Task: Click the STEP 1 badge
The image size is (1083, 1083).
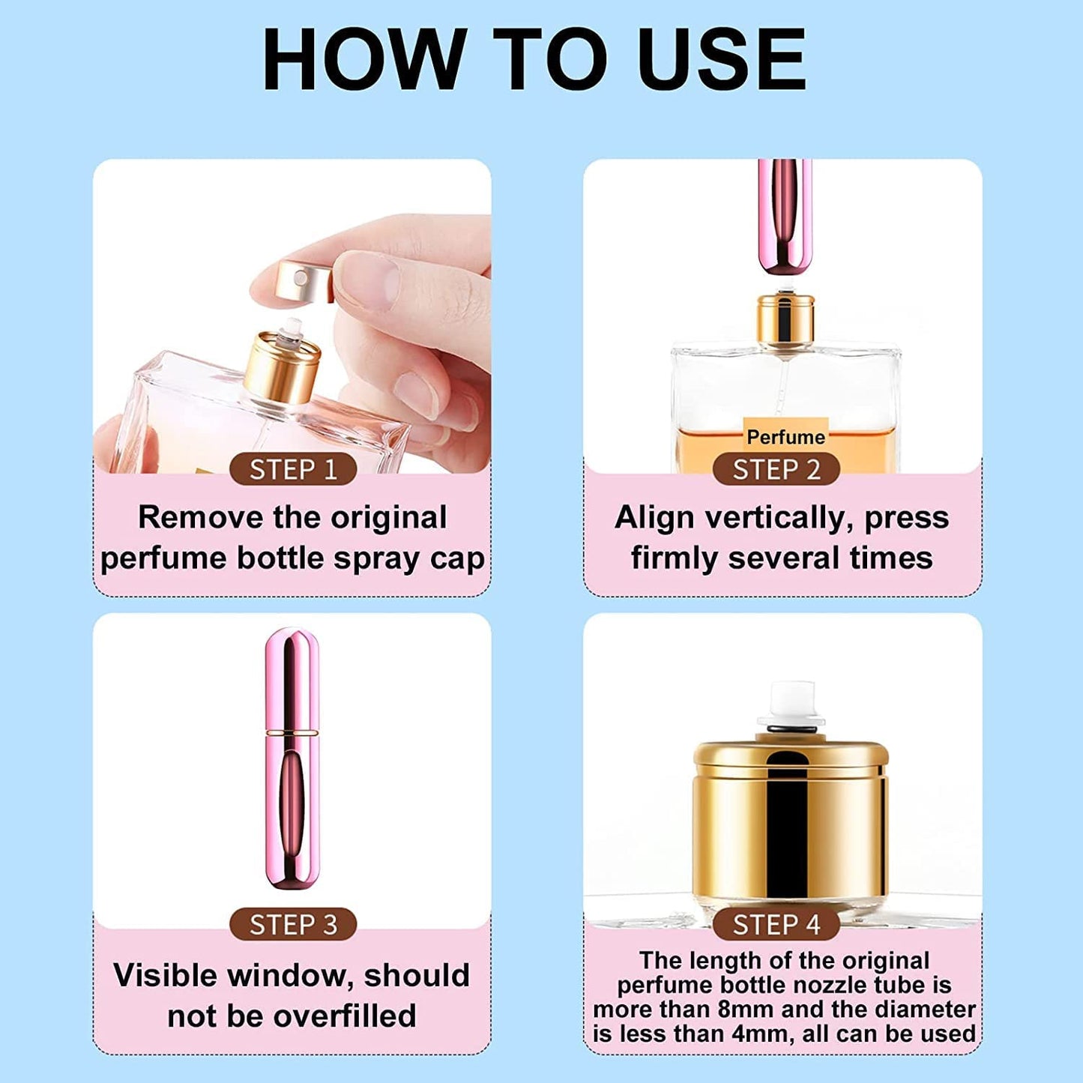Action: (292, 470)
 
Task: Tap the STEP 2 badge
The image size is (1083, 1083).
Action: (776, 470)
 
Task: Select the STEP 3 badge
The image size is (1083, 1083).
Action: (292, 924)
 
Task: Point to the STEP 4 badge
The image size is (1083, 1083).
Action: (776, 924)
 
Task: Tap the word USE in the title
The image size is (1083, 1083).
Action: (723, 60)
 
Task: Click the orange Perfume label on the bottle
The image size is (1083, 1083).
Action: (785, 436)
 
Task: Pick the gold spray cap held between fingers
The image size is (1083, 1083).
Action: (304, 281)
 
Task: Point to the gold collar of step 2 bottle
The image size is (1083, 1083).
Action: (785, 319)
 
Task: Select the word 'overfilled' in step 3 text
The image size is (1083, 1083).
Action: (344, 1016)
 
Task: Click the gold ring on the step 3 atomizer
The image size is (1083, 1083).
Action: (292, 730)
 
